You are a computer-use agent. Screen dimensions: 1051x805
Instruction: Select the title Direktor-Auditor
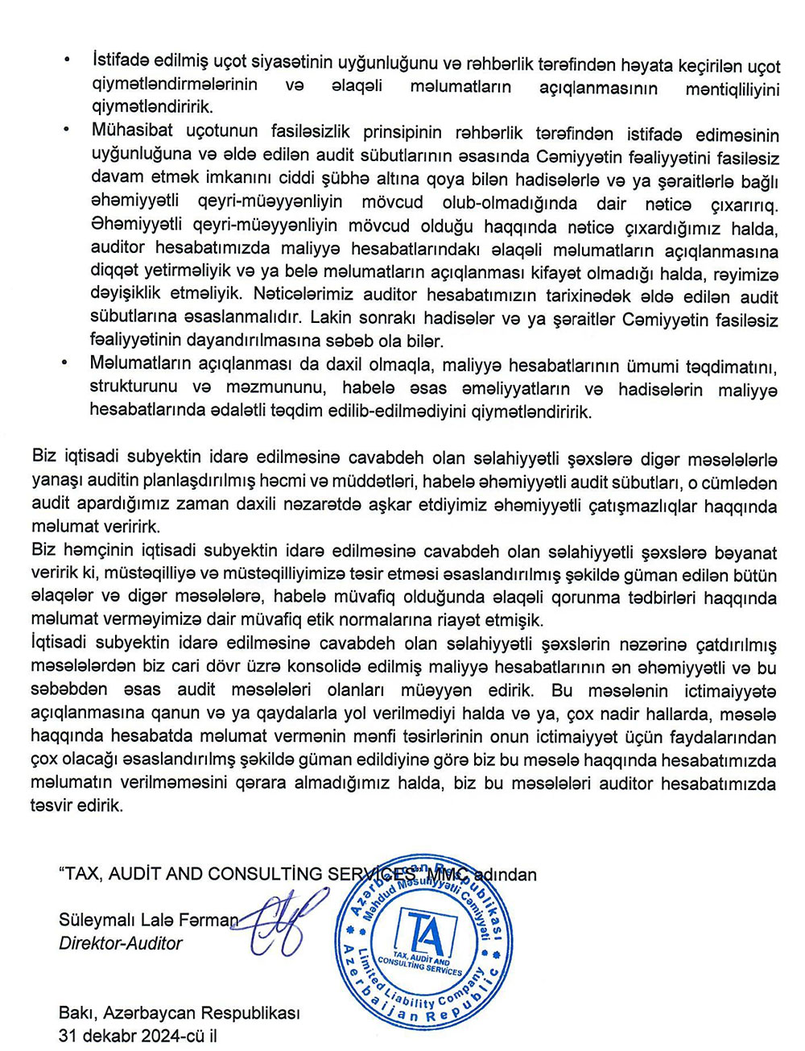click(x=121, y=943)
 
